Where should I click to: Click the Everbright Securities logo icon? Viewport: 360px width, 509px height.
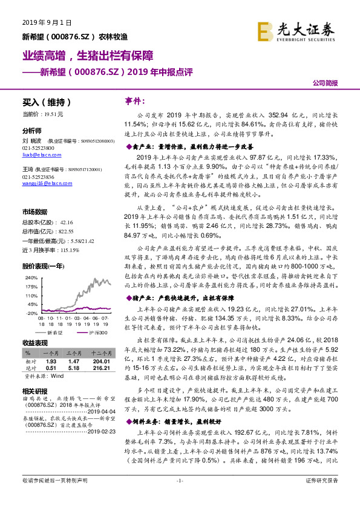tap(265, 30)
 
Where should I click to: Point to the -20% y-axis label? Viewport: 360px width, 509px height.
tap(31, 314)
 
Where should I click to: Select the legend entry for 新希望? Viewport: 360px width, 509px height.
tap(53, 332)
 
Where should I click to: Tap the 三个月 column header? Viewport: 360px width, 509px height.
tap(73, 352)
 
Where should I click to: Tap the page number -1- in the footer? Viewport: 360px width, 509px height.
tap(180, 498)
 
